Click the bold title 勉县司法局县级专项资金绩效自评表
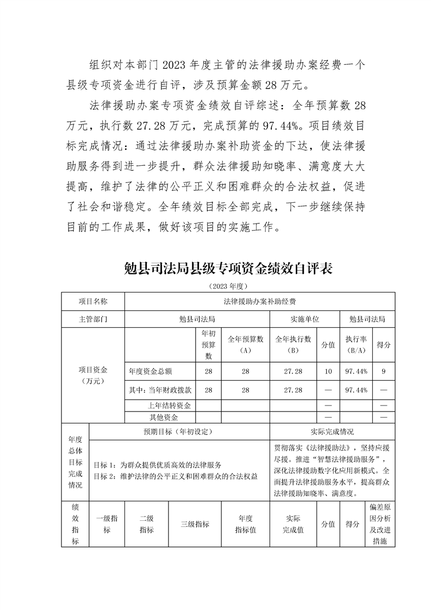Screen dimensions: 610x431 (228, 269)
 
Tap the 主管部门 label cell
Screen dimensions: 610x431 (93, 319)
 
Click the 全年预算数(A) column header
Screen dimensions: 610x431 (245, 344)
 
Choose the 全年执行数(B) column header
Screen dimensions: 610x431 (293, 344)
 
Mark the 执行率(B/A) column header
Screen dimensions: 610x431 (356, 344)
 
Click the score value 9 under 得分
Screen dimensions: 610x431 (384, 372)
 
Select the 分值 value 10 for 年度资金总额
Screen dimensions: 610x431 (328, 372)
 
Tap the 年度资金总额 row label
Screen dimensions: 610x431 (151, 372)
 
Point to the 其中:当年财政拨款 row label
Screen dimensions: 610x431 (160, 390)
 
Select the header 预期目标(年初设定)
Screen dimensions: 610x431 (178, 432)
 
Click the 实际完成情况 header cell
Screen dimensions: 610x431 (332, 432)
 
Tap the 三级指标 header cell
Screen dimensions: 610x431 (195, 524)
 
